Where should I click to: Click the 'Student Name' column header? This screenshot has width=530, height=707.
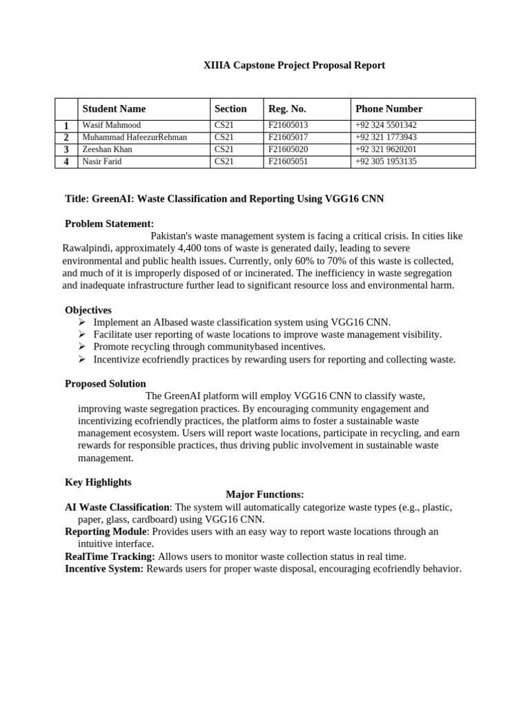114,108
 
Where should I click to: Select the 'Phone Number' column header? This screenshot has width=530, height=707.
389,108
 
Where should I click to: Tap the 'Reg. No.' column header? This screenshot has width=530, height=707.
287,108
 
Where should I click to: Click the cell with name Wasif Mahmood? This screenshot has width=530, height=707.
111,125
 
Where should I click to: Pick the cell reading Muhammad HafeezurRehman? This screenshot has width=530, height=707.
135,137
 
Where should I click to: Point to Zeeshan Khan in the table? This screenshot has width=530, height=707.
107,149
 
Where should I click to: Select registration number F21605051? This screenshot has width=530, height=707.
288,162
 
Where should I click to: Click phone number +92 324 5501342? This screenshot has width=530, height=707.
386,125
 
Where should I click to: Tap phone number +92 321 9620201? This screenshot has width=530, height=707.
386,149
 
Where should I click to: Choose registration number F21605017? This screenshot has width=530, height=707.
288,137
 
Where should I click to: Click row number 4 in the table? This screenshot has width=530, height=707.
66,162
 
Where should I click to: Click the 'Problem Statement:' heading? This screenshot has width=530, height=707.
109,224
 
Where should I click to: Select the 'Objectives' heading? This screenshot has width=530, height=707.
88,310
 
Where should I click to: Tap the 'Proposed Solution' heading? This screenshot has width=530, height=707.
106,384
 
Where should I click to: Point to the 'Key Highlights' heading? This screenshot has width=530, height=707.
98,482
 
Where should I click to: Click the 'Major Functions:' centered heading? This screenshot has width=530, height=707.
264,494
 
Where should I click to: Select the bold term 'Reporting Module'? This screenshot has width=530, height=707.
106,532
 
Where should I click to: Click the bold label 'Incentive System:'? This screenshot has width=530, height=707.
104,569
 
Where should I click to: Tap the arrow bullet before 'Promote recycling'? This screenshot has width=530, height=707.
81,347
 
